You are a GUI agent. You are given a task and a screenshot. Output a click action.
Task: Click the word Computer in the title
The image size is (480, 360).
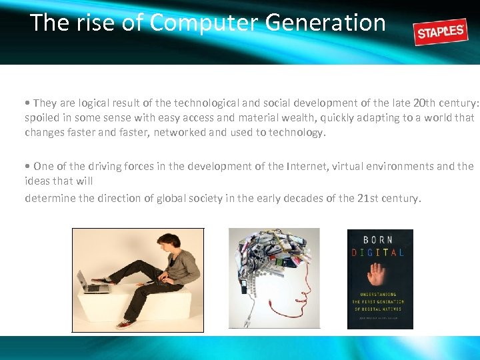(x=204, y=23)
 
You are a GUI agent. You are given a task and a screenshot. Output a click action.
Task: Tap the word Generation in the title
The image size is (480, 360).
(x=325, y=23)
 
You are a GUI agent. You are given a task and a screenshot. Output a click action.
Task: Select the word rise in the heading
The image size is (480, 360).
(x=97, y=23)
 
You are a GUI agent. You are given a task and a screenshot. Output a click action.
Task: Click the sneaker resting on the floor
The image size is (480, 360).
(x=125, y=323)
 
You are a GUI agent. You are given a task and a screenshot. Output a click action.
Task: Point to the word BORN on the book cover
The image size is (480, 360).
(x=380, y=239)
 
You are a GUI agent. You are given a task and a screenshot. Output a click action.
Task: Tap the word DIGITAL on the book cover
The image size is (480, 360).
(x=379, y=253)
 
